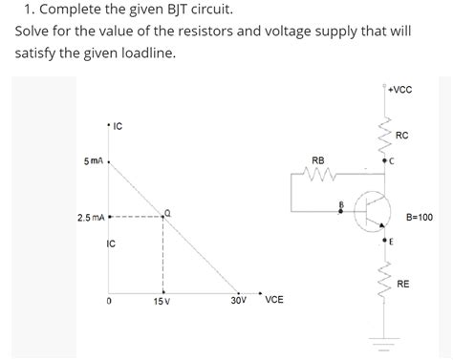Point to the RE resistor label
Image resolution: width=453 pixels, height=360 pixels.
[x=403, y=284]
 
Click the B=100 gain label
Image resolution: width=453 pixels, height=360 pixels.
[x=420, y=217]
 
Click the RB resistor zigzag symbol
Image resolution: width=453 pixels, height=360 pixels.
[x=318, y=175]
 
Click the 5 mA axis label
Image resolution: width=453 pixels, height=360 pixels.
[x=94, y=161]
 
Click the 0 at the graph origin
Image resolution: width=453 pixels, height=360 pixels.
[x=110, y=302]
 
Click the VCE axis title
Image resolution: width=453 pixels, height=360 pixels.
[x=273, y=300]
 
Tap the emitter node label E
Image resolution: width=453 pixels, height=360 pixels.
[x=392, y=241]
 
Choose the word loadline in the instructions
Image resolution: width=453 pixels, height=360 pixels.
[x=146, y=53]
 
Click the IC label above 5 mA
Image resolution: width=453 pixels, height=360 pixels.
[x=118, y=125]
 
